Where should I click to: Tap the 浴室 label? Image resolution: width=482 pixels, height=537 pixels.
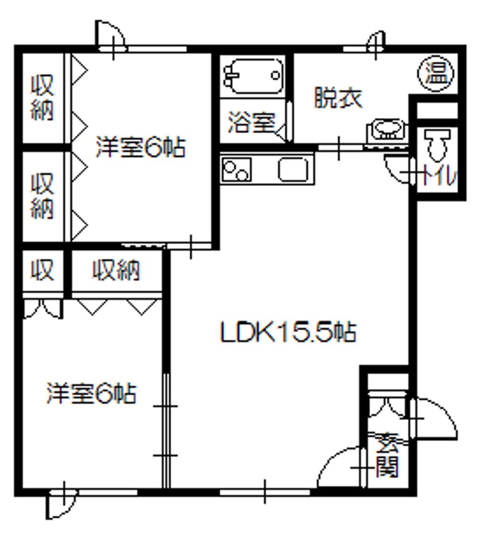[x=251, y=123]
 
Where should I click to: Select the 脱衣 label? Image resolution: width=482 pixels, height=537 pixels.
[x=338, y=98]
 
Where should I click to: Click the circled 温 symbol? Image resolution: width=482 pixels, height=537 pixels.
[x=436, y=73]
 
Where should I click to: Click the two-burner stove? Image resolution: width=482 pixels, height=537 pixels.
[x=237, y=170]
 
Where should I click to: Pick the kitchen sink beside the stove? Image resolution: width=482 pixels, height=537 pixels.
[x=293, y=170]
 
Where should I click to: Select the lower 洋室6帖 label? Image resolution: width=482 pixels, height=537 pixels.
[x=91, y=394]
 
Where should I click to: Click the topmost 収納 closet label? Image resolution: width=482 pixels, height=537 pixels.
[x=42, y=98]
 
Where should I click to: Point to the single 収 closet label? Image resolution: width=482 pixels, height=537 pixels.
[x=42, y=270]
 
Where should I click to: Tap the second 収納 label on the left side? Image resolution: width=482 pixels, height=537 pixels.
[x=42, y=195]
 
